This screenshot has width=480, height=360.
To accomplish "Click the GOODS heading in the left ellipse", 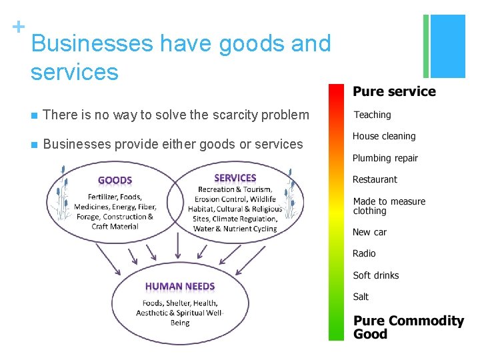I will pos(115,180).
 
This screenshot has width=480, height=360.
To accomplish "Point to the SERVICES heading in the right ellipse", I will pos(235,178).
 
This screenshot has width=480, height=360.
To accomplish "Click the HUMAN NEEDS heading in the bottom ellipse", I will pos(180,287).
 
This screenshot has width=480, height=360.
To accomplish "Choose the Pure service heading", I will pos(394,92).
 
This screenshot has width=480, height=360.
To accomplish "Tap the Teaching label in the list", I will pos(372,115).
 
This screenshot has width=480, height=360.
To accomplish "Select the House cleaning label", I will pos(384,136).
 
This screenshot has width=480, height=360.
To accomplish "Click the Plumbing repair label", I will pos(385,158).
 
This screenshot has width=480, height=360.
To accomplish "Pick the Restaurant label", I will pos(375,179).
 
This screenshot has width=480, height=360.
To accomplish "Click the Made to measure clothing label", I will pos(389,206).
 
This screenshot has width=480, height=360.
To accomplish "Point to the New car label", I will pos(369,232).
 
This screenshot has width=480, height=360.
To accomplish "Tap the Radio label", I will pos(364,253).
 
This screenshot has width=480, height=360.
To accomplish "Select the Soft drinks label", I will pos(376,275).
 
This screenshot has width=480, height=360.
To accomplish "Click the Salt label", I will pos(361,297).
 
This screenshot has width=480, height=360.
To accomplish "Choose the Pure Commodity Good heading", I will pos(408,327).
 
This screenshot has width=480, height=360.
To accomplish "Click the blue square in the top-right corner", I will pos(448,45).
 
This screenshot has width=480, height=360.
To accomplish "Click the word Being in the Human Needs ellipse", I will pos(180,323).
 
